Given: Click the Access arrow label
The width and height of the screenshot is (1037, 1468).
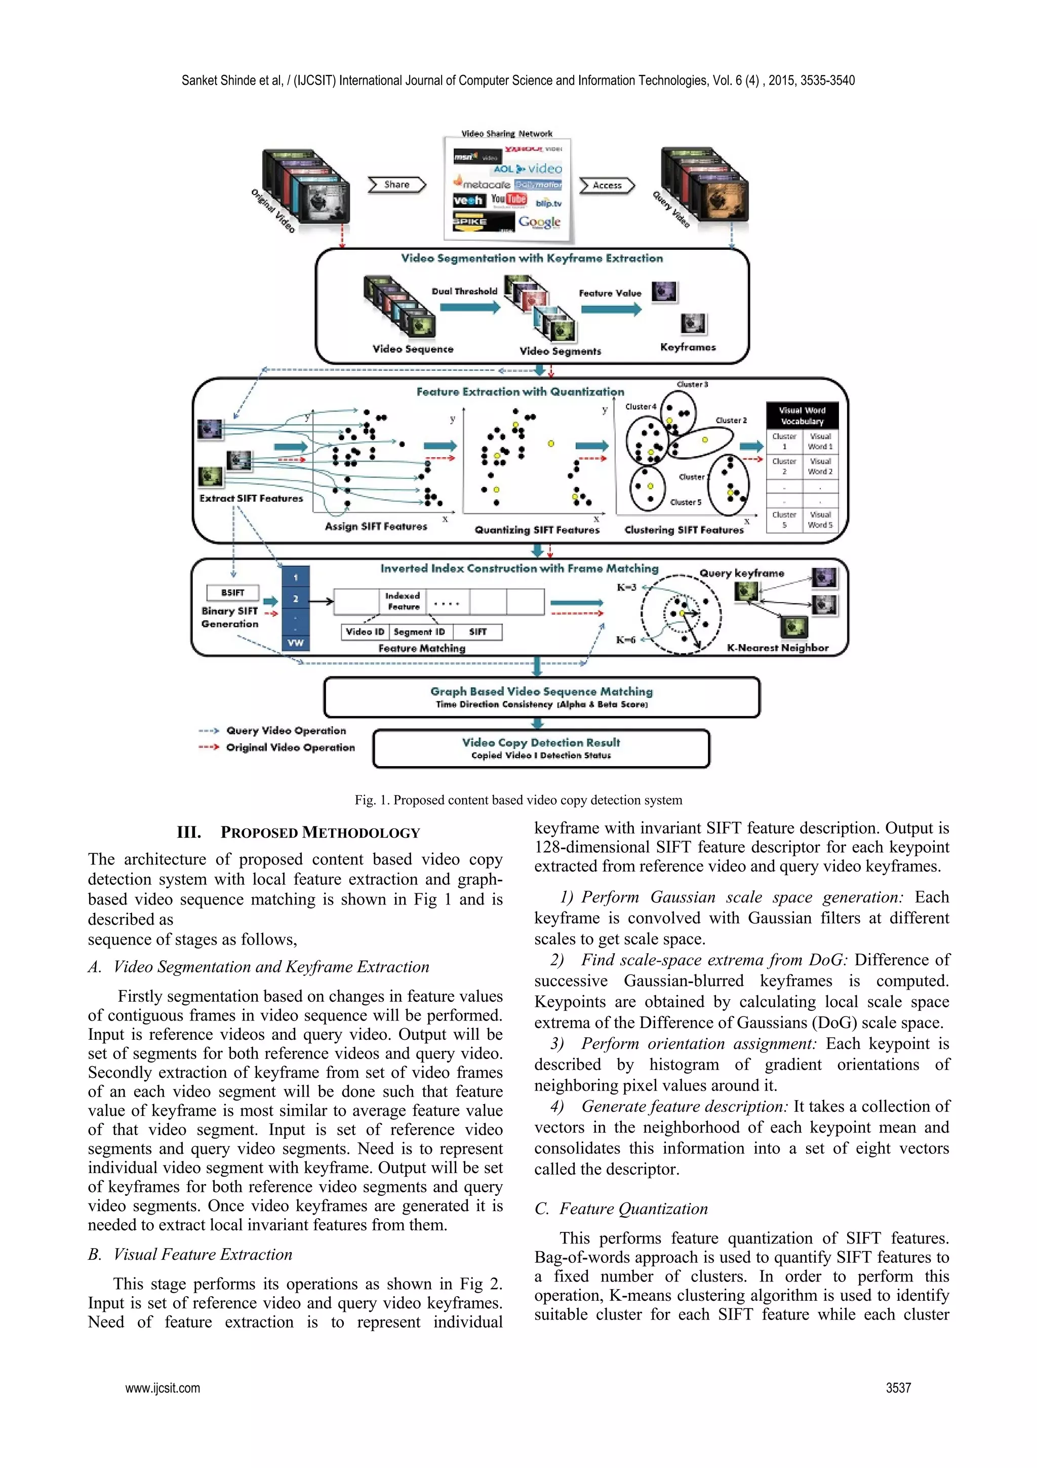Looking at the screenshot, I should pos(607,185).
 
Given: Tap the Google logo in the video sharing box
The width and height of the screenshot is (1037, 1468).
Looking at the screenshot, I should pos(539,222).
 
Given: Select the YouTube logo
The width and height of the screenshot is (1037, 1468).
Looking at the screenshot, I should pos(508,200).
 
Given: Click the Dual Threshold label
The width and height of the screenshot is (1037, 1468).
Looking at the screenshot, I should pos(464,291).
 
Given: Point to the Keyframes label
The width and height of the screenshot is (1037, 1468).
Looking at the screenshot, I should pos(688,347).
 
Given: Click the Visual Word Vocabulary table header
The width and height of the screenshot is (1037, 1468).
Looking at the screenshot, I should pos(802,416).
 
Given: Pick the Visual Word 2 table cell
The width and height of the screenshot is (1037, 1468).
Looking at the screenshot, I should pos(820,466).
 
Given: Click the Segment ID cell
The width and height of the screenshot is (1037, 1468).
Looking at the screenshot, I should pos(419,632).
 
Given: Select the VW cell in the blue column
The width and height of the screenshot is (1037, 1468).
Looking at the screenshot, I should pos(295,642).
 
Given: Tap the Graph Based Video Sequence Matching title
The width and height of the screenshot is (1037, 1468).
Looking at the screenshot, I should pos(541,691).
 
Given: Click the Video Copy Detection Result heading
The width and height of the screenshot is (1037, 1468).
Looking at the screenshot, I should pos(541,742).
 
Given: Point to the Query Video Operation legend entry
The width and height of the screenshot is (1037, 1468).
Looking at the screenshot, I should pos(286,730).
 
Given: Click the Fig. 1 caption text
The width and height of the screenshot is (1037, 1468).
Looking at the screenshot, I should pos(518,800).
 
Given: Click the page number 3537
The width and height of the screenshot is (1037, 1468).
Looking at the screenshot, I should pos(898,1388).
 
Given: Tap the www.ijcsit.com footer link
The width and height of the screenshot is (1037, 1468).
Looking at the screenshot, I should pos(163,1388).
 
